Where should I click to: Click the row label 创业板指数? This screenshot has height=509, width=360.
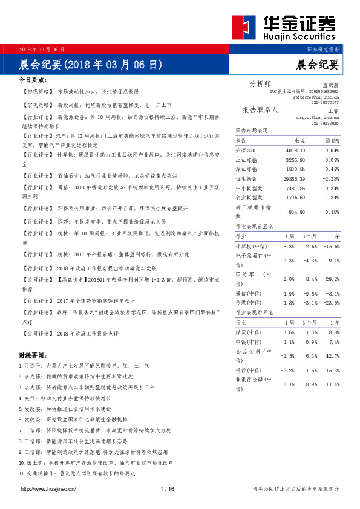click(x=249, y=198)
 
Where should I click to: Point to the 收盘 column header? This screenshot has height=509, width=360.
click(x=299, y=140)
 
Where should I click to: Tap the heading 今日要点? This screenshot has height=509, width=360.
click(x=33, y=80)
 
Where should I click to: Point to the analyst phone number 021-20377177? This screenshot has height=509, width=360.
click(x=326, y=103)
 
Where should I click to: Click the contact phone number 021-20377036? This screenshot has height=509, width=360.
click(x=326, y=123)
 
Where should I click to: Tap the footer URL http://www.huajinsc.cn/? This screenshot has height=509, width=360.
click(x=48, y=489)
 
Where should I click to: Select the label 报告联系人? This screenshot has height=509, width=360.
click(x=260, y=111)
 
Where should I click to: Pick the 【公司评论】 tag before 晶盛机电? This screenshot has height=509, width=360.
click(x=38, y=280)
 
